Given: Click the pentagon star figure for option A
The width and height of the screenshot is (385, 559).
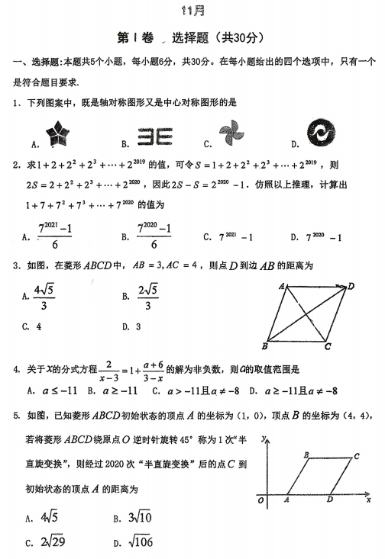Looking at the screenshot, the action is coord(57,134).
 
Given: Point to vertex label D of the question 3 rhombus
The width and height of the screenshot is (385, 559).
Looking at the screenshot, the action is coord(351,286).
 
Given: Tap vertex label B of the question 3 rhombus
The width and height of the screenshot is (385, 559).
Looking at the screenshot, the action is coord(264,345).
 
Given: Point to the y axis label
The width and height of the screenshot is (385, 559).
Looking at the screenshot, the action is coord(262,441).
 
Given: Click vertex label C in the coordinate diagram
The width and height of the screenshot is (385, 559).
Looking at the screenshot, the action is coord(356,457).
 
